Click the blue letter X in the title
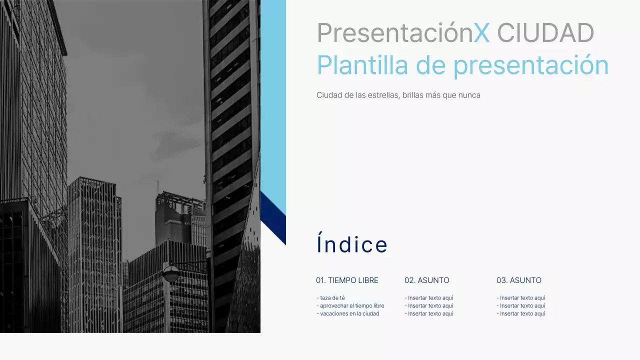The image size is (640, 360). coord(481,33)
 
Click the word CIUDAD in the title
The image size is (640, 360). coord(545,33)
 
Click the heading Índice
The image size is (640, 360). coord(352,244)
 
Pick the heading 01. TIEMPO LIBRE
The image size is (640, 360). coord(347,280)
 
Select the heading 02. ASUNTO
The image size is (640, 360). coord(426,280)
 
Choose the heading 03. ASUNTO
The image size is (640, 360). coord(518,280)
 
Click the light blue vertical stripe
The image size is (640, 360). coord(273,100)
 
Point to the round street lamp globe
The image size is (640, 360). coord(170,272)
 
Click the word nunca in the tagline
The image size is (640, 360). coord(469,95)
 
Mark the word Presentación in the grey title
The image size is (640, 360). coord(394,33)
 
